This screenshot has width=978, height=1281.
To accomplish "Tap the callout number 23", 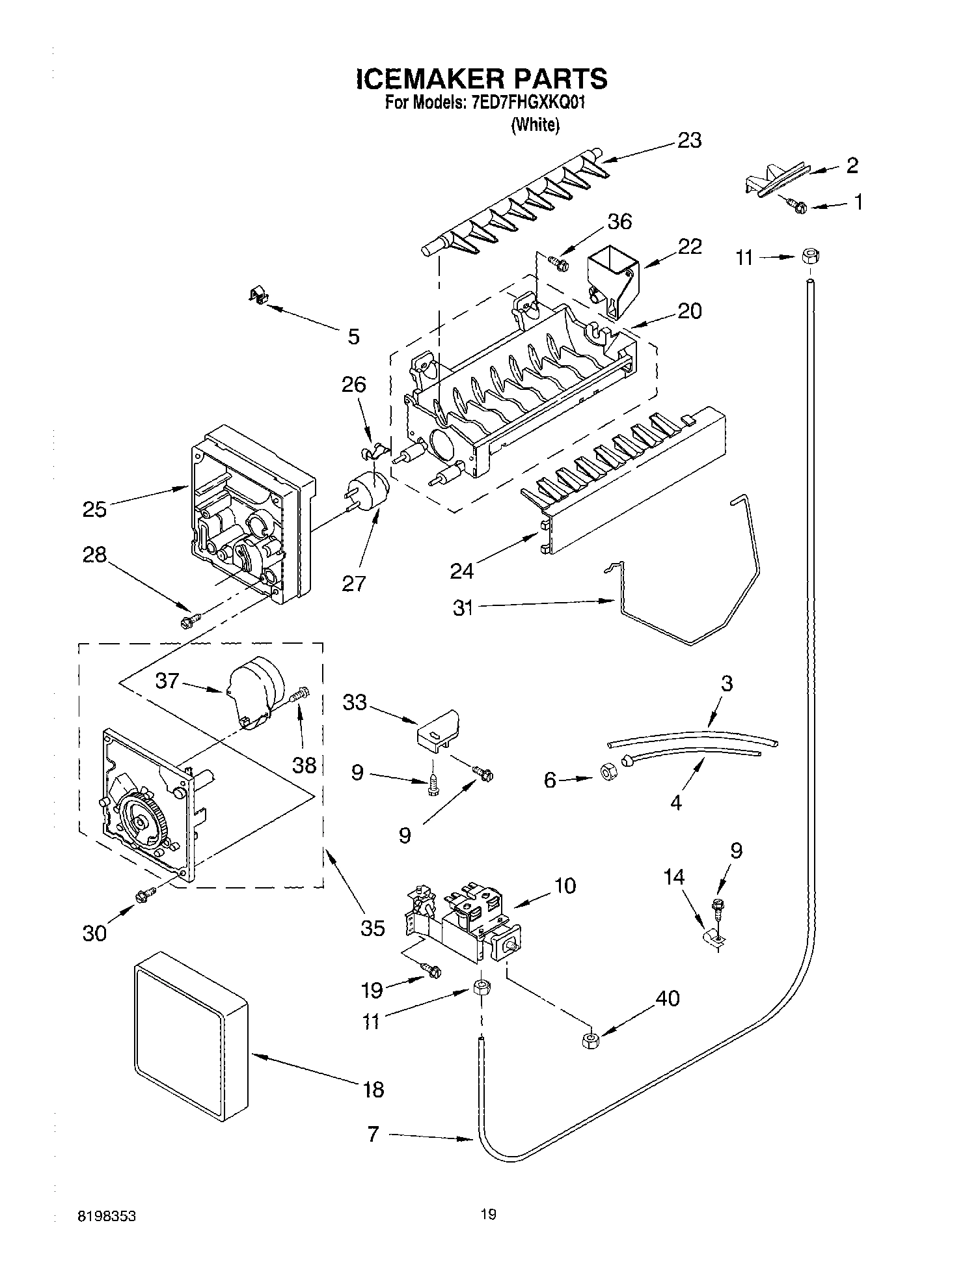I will click(x=689, y=140).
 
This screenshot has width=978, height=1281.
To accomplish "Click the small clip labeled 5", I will click(x=260, y=296).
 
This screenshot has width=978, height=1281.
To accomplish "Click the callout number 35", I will click(x=372, y=927).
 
